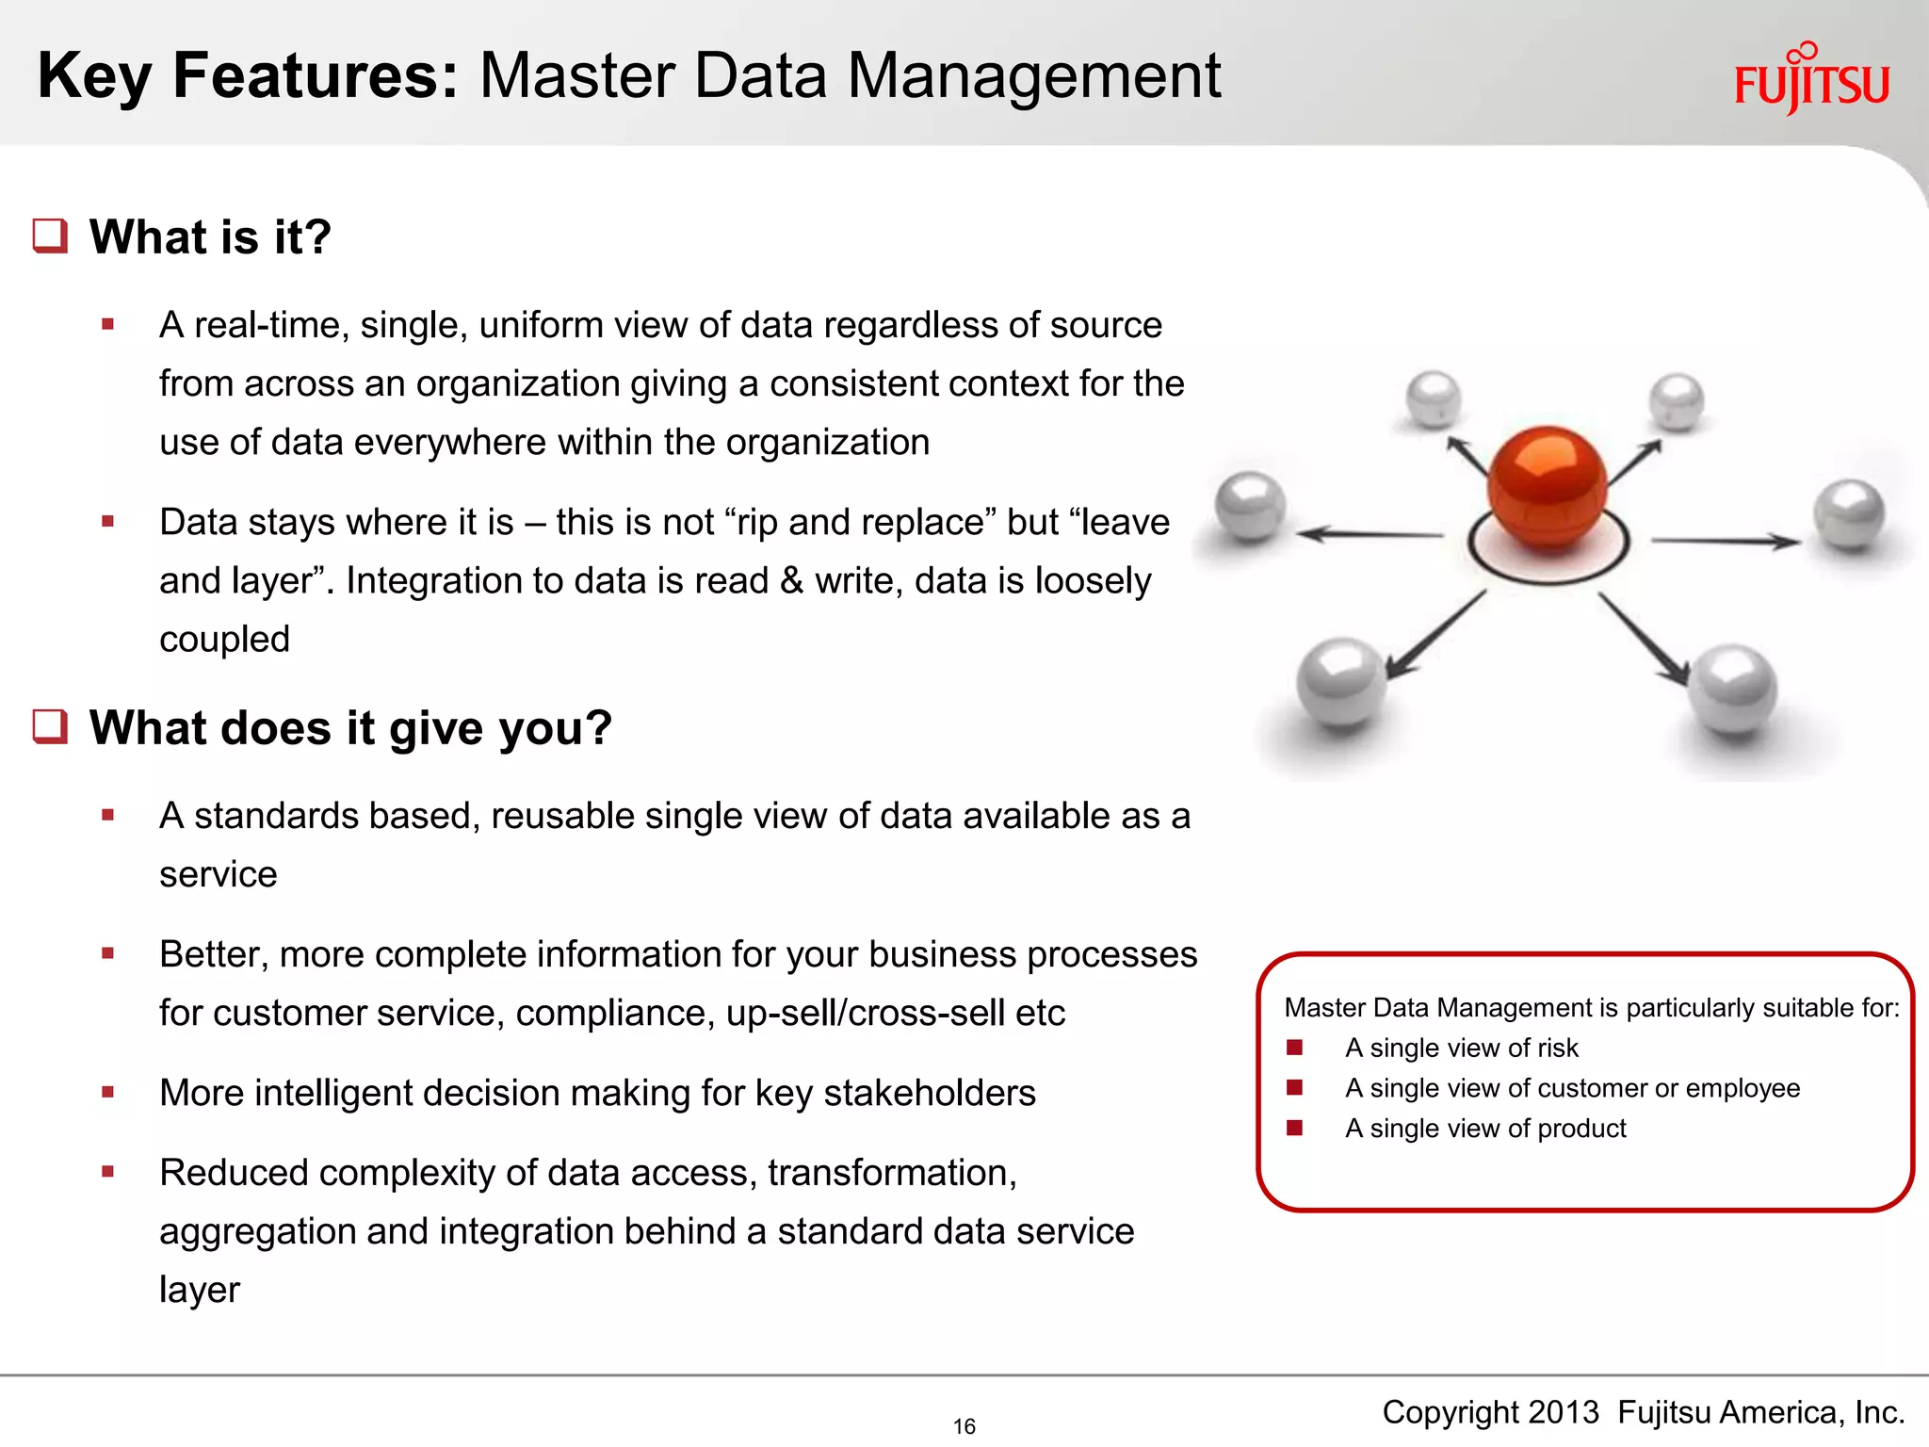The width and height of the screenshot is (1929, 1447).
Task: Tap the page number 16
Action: (x=964, y=1426)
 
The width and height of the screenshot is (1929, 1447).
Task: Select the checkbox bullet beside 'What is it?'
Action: (x=50, y=236)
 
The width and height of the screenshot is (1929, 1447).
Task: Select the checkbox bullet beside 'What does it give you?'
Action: (x=50, y=726)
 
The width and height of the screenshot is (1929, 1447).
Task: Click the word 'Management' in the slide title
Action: (x=1033, y=75)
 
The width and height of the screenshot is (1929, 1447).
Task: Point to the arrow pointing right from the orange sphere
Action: (x=1725, y=541)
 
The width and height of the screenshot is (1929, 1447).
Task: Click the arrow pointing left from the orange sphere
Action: (x=1370, y=534)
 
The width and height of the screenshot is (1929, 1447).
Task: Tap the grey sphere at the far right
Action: (x=1849, y=513)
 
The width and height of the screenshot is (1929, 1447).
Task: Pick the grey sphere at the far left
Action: (x=1250, y=506)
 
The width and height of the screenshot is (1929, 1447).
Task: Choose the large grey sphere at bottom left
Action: (x=1341, y=681)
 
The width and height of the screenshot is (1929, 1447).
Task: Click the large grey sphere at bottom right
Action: (x=1731, y=689)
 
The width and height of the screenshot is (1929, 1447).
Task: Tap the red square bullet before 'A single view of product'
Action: (x=1295, y=1128)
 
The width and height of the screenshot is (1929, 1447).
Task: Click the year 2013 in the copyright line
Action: (x=1564, y=1412)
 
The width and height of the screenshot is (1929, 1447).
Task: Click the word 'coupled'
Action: (x=224, y=639)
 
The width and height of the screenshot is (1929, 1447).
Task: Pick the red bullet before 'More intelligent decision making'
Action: (x=108, y=1093)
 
